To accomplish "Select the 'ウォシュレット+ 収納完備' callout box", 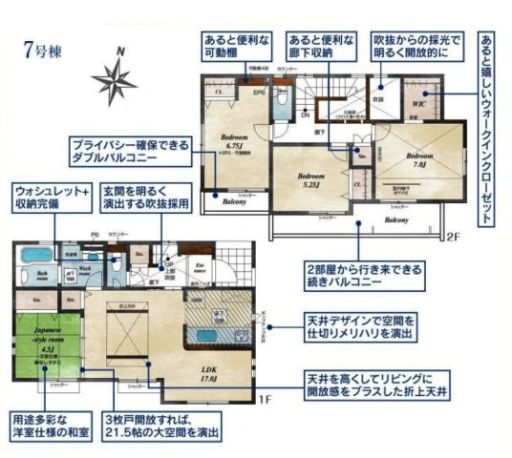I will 52,198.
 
